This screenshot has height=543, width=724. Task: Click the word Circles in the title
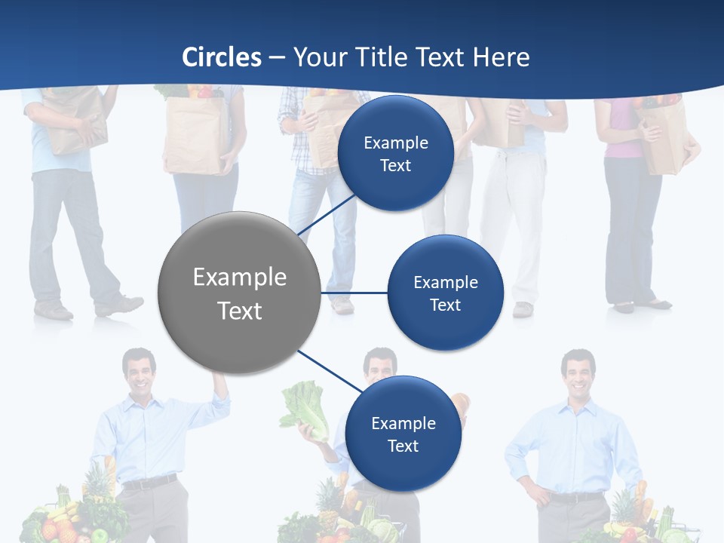222,57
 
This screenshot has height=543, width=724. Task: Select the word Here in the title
502,57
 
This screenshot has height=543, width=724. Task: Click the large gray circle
240,293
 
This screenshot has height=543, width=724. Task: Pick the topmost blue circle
395,153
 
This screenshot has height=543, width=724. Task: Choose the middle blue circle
445,293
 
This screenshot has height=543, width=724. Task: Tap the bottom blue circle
403,434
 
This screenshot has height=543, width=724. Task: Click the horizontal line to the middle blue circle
354,293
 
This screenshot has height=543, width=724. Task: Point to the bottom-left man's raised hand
221,384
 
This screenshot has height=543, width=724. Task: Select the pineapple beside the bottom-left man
96,483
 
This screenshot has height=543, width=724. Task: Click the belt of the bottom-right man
576,497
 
